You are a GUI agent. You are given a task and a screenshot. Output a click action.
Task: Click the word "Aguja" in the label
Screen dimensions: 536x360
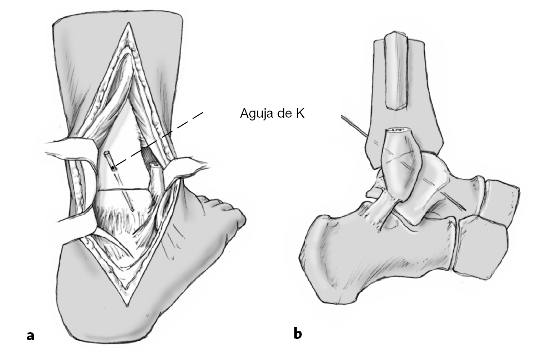pos(254,114)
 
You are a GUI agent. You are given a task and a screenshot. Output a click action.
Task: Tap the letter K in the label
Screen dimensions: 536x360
pos(300,114)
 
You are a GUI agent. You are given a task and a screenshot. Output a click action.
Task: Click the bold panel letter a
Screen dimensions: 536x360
pos(31,335)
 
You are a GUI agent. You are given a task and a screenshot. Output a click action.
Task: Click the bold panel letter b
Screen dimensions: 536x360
pos(298,334)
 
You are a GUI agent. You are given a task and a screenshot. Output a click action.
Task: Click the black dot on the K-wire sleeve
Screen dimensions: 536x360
pos(113,167)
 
